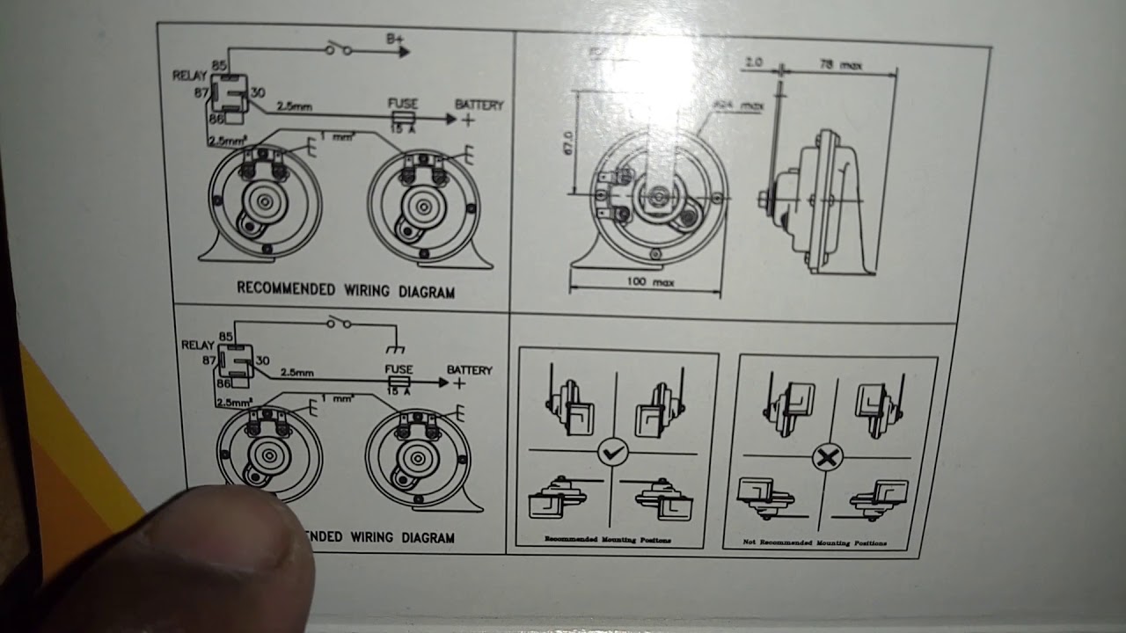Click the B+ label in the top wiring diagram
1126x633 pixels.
[x=396, y=38]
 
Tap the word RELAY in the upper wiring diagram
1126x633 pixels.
[x=191, y=76]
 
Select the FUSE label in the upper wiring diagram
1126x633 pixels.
[x=403, y=104]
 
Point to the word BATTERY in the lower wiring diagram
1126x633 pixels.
[x=469, y=370]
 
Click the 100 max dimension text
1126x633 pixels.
[x=652, y=282]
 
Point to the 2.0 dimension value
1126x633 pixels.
[x=753, y=62]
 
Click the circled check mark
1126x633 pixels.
[x=612, y=453]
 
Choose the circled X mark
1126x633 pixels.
[x=827, y=456]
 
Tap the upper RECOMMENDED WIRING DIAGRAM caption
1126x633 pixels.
[x=346, y=289]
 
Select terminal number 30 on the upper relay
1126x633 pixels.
[x=258, y=92]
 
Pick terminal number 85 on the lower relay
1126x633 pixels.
[x=225, y=338]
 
